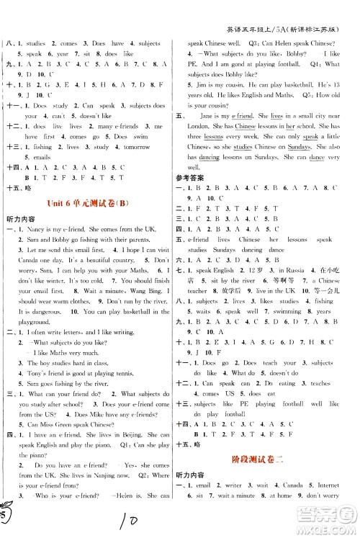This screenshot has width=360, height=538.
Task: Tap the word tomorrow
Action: (135, 144)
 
